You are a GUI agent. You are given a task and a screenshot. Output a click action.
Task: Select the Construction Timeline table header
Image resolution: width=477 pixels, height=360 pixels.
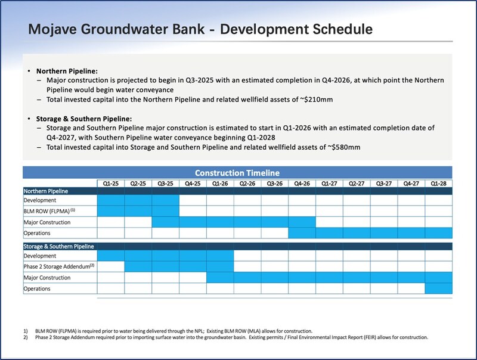[238, 172]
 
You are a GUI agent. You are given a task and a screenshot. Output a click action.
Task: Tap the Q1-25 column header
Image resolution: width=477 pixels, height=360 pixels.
[111, 183]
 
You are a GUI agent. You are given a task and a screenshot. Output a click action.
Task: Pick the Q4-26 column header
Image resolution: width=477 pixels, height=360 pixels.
[302, 183]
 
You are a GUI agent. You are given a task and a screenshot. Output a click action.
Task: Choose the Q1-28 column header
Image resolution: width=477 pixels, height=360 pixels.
[439, 183]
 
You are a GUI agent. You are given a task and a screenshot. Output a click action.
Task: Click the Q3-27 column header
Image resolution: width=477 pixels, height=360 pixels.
[384, 183]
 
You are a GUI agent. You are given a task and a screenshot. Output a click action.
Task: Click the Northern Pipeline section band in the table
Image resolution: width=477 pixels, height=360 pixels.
[238, 191]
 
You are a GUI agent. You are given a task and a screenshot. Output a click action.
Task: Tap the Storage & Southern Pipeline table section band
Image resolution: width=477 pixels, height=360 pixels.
[238, 246]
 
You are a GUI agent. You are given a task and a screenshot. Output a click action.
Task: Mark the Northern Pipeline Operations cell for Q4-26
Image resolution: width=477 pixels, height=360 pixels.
[302, 233]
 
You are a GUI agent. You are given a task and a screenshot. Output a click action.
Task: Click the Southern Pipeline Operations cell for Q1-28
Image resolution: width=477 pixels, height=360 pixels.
[439, 288]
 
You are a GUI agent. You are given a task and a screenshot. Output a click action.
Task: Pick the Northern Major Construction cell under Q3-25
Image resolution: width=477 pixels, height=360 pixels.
[166, 222]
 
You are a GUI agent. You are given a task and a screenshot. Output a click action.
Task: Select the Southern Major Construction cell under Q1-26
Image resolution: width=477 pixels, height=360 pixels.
[220, 278]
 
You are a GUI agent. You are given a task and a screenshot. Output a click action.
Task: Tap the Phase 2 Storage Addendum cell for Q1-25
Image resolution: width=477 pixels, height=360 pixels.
[111, 266]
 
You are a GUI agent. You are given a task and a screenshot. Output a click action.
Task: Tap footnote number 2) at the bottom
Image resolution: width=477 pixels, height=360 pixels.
[27, 337]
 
